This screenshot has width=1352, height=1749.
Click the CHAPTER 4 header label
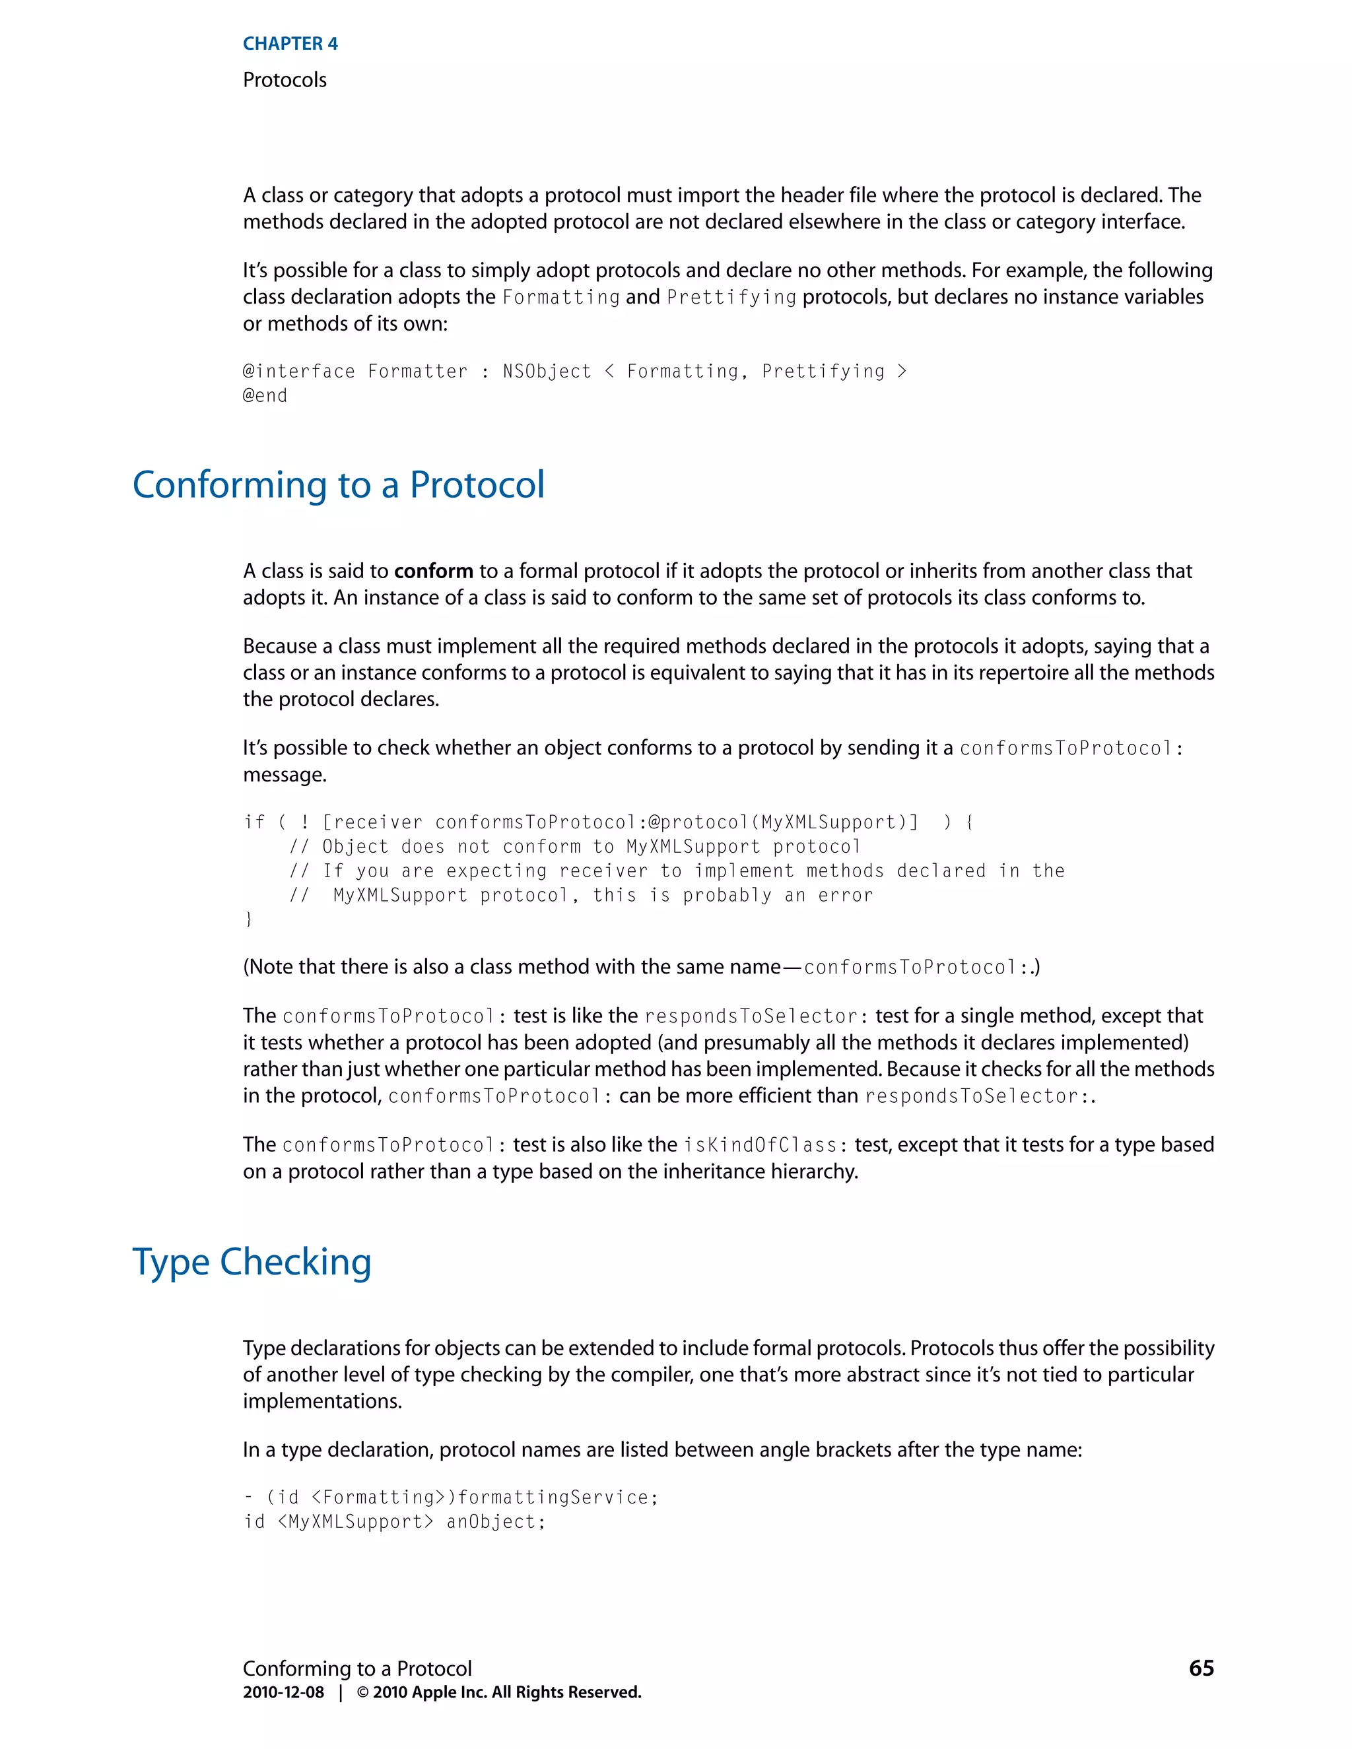[290, 44]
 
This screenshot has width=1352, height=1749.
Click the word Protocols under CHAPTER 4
[285, 80]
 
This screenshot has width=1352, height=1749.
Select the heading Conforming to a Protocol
[338, 485]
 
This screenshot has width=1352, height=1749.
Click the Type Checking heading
[252, 1262]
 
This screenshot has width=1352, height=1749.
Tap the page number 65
[1201, 1668]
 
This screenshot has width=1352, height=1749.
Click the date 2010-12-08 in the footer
[283, 1692]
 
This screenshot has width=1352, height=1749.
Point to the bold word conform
[433, 571]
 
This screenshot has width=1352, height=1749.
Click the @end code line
[265, 395]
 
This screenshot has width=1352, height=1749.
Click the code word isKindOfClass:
[760, 1145]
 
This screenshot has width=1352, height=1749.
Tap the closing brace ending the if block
[248, 919]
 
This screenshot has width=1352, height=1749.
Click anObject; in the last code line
[496, 1521]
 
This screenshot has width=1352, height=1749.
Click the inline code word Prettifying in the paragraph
[731, 297]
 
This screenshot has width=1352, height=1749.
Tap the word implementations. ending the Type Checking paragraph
[323, 1401]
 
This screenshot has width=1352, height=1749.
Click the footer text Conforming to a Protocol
[357, 1668]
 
